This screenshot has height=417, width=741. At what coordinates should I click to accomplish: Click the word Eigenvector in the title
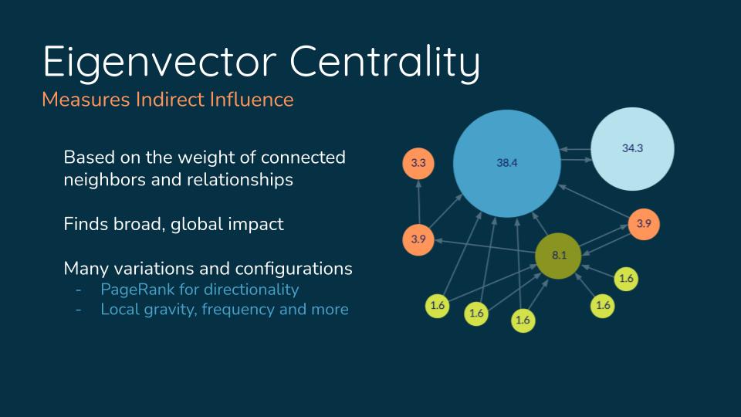click(160, 62)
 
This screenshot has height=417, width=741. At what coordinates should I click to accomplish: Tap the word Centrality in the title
click(384, 62)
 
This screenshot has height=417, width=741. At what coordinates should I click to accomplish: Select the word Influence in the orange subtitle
click(252, 100)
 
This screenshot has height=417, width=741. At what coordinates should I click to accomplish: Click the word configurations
click(293, 269)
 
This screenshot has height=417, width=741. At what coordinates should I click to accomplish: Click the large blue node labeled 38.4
click(506, 163)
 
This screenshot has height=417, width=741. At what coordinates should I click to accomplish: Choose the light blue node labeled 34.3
click(632, 148)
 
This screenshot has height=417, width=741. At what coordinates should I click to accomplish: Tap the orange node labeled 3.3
click(418, 163)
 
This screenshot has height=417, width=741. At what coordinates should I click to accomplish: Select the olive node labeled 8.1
click(559, 256)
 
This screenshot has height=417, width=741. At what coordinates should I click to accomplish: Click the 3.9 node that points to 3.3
click(418, 239)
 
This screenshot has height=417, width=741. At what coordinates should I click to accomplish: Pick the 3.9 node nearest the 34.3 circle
click(644, 224)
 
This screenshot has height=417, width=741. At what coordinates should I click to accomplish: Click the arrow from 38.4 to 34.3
click(576, 160)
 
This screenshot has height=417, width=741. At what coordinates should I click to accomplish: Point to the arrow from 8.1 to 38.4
click(540, 224)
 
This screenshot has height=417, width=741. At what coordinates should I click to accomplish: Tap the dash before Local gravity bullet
click(79, 310)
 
